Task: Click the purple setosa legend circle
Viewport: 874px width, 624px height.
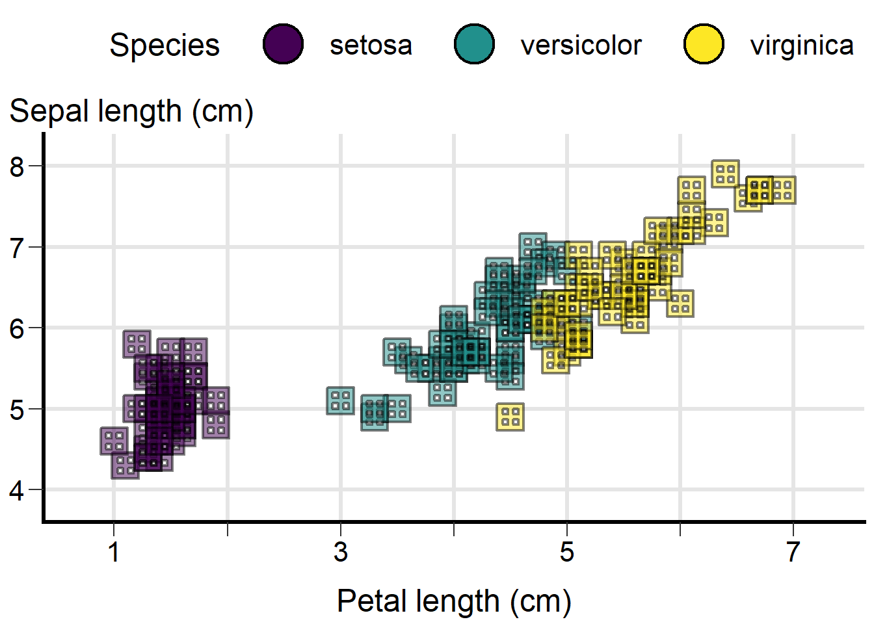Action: pyautogui.click(x=284, y=44)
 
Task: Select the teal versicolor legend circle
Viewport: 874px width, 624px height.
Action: pyautogui.click(x=474, y=44)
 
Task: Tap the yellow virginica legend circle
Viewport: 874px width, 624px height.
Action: pyautogui.click(x=704, y=44)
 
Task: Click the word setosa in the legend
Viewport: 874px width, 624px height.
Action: pyautogui.click(x=371, y=45)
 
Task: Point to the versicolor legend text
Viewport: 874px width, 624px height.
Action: pyautogui.click(x=581, y=45)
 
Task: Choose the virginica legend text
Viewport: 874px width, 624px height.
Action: pyautogui.click(x=802, y=45)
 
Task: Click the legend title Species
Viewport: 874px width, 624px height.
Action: pyautogui.click(x=165, y=46)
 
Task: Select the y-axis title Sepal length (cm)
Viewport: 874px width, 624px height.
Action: pyautogui.click(x=131, y=112)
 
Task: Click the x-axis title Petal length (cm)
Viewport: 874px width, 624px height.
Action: pyautogui.click(x=454, y=601)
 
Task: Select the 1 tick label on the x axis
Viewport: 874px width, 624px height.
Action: pyautogui.click(x=114, y=552)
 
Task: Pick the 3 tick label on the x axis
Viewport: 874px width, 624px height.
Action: pyautogui.click(x=341, y=552)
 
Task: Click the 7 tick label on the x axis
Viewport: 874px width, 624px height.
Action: pyautogui.click(x=793, y=552)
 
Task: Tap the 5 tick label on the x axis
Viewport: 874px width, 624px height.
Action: pyautogui.click(x=567, y=552)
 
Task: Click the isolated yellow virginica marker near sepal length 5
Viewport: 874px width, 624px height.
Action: pyautogui.click(x=510, y=417)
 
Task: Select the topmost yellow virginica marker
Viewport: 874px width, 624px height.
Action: pyautogui.click(x=725, y=174)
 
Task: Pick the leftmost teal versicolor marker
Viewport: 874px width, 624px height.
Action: pyautogui.click(x=341, y=400)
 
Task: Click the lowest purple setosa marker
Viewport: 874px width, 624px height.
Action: pyautogui.click(x=126, y=465)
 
